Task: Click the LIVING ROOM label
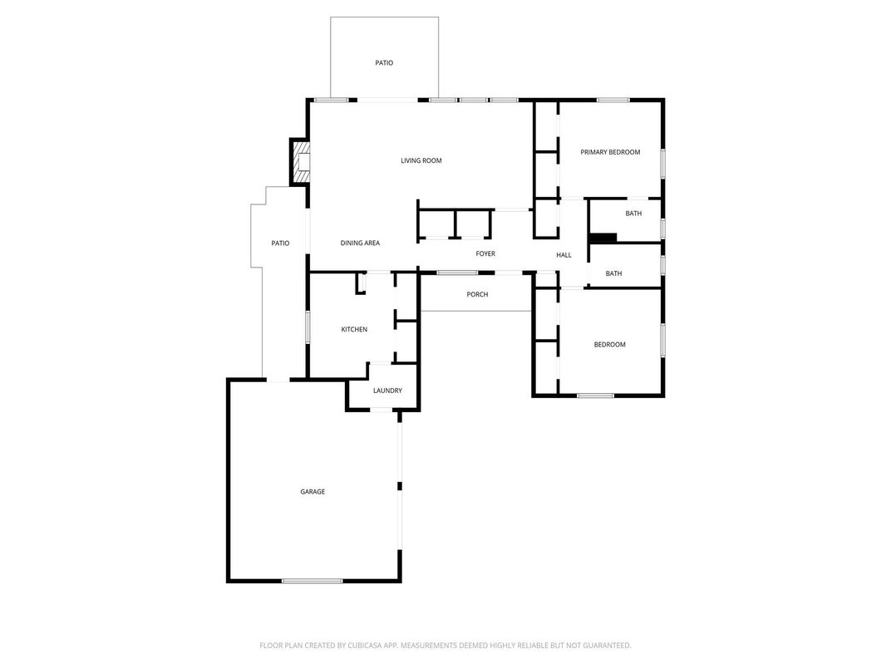pos(421,160)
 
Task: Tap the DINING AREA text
pos(360,243)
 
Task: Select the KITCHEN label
pos(354,330)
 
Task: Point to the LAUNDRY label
pos(387,390)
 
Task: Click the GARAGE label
pos(313,492)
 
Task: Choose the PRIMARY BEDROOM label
pos(610,152)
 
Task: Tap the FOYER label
pos(485,253)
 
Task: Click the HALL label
pos(564,255)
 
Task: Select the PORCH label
pos(477,294)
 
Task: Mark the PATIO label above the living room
pos(383,62)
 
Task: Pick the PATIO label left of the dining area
pos(280,243)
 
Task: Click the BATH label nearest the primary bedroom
pos(633,214)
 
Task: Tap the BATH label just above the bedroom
pos(613,273)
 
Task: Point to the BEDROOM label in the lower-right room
pos(609,344)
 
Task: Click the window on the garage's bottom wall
pos(312,580)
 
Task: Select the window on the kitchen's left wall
pos(308,327)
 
